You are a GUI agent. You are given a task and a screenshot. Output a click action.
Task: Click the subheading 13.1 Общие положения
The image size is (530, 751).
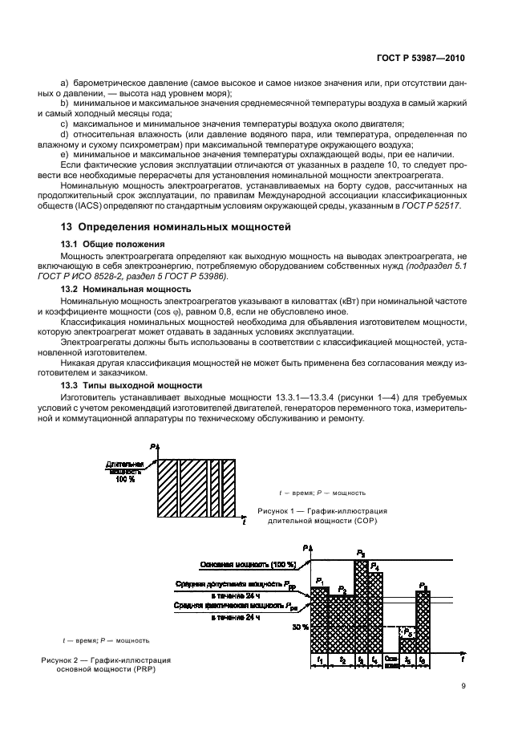point(113,243)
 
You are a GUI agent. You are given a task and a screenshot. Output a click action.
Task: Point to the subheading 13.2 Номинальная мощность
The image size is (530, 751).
point(126,287)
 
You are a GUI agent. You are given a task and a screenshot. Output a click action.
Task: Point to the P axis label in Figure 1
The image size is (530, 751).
point(151,445)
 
